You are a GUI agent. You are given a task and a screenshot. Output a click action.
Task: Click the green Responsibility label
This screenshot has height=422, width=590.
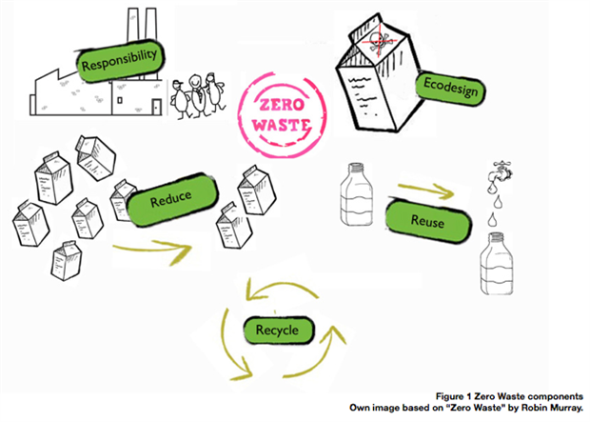tap(118, 62)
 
